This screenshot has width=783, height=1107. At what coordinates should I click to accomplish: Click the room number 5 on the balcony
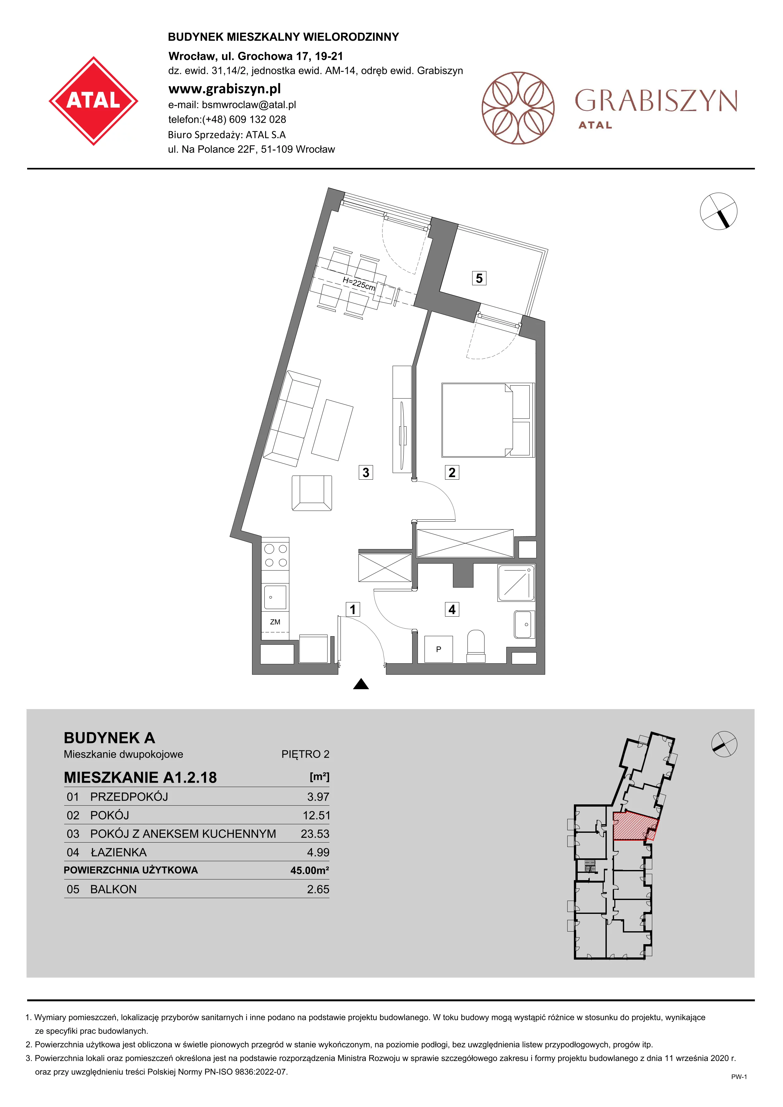(x=479, y=278)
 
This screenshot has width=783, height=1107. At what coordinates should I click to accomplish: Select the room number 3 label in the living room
(x=366, y=472)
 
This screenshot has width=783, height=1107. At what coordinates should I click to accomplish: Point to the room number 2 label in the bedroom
(x=452, y=472)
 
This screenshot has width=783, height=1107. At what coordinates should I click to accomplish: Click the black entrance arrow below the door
(x=361, y=684)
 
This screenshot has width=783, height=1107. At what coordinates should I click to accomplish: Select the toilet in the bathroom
(x=476, y=646)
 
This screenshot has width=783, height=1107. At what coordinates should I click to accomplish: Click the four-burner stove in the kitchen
(x=275, y=555)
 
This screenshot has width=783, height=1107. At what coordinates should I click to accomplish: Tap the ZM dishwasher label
(x=275, y=622)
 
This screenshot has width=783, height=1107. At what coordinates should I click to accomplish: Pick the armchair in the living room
(x=312, y=493)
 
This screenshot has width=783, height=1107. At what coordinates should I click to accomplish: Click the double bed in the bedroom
(x=488, y=420)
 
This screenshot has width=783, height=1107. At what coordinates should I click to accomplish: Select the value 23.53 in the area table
(x=315, y=834)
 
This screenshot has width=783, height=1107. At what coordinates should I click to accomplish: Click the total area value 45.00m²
(x=310, y=870)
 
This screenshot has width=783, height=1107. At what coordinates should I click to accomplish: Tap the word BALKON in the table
(x=113, y=889)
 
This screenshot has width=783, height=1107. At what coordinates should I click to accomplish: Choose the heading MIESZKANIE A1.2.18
(x=140, y=778)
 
